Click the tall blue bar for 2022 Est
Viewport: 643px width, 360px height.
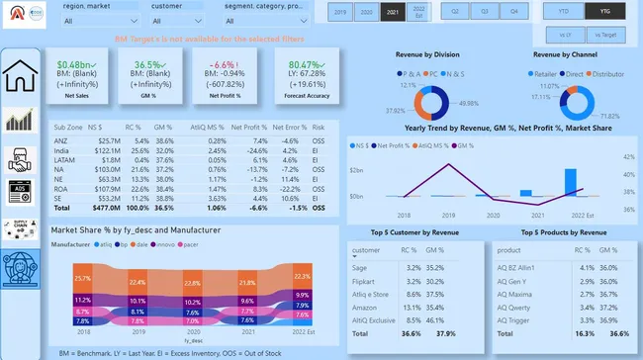571,184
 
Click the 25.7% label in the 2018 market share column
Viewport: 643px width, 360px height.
81,279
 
